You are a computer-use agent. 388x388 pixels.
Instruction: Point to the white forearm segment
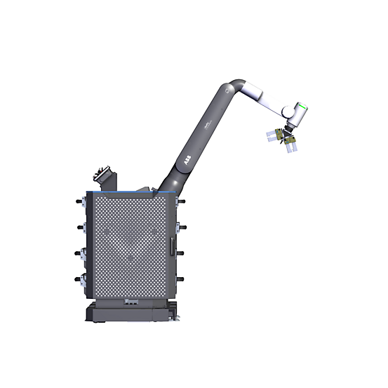pyautogui.click(x=263, y=98)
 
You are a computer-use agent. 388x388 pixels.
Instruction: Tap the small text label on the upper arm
pyautogui.click(x=208, y=123)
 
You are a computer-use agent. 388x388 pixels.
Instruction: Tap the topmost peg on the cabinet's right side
pyautogui.click(x=182, y=201)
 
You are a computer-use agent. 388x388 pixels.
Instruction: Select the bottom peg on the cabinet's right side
pyautogui.click(x=182, y=279)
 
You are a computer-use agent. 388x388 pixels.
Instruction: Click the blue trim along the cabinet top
pyautogui.click(x=126, y=191)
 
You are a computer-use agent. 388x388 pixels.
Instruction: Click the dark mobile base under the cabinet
pyautogui.click(x=130, y=314)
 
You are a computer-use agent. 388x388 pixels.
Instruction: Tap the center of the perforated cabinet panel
pyautogui.click(x=130, y=246)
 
